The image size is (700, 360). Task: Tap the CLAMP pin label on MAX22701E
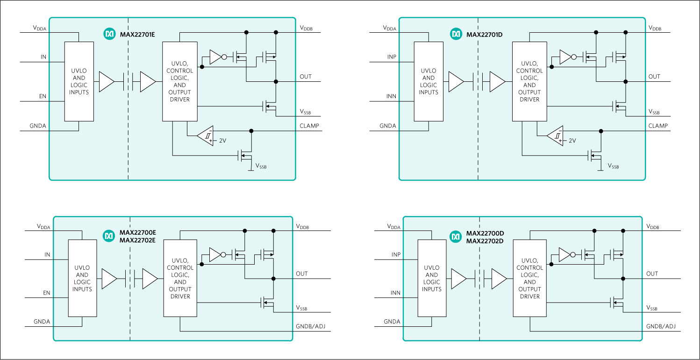[x=309, y=125]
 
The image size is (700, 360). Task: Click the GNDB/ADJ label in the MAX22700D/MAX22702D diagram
[x=660, y=326]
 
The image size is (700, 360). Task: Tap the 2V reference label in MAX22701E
[x=222, y=140]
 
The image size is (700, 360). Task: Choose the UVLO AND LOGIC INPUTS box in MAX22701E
[x=79, y=81]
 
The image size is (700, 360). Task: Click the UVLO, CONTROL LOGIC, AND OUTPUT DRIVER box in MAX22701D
[x=529, y=81]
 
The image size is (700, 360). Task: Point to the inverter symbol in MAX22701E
[x=216, y=58]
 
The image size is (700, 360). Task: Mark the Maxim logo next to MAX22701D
[x=456, y=34]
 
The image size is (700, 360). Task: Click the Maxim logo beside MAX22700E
[x=109, y=237]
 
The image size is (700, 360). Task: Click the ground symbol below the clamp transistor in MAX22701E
[x=250, y=170]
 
